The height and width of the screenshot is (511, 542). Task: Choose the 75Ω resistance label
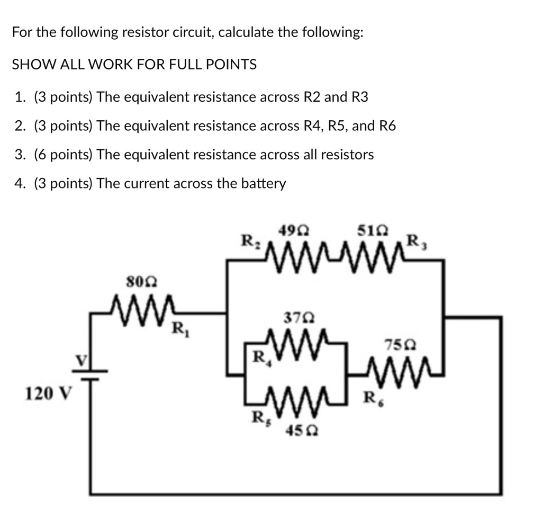tap(398, 345)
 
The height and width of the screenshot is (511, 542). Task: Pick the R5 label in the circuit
tap(258, 417)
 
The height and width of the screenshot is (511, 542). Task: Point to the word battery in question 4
tap(263, 184)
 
